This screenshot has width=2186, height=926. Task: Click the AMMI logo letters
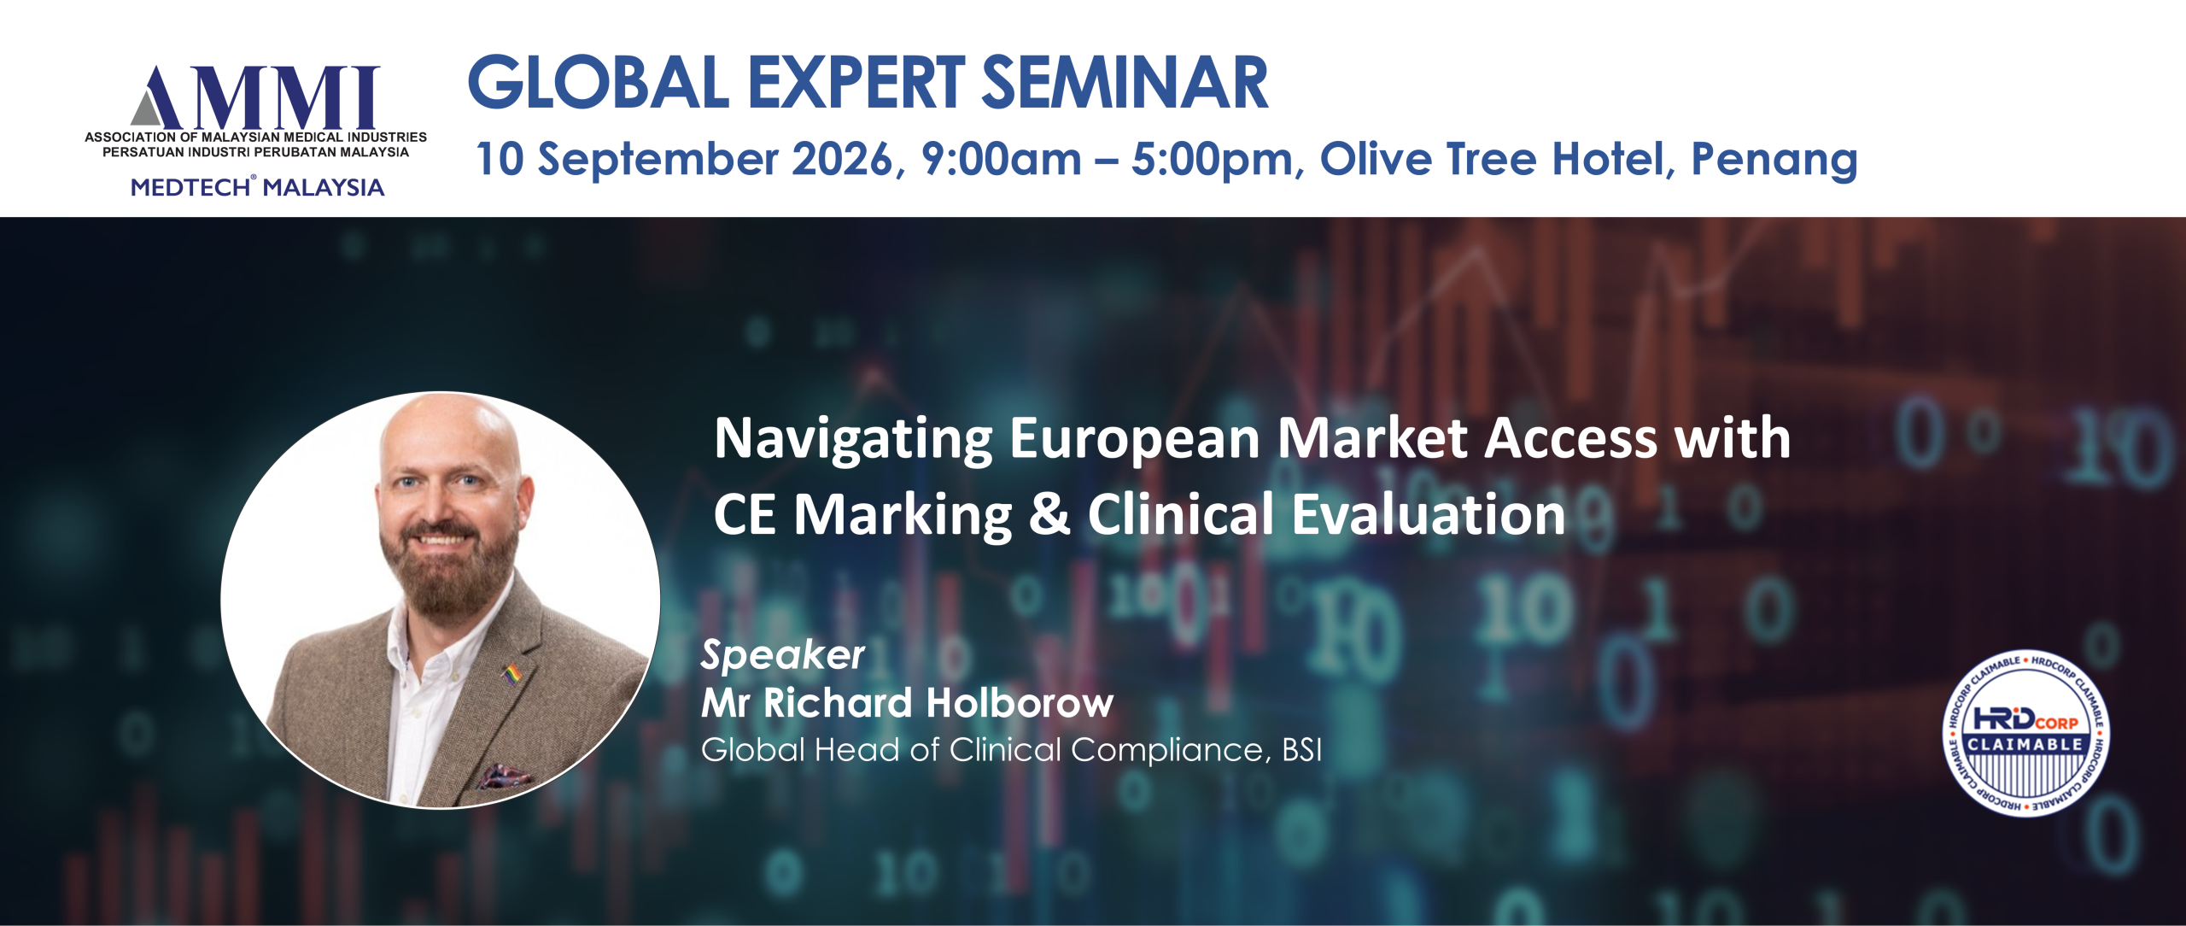pos(254,97)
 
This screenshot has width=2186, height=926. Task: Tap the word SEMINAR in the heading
pos(1125,83)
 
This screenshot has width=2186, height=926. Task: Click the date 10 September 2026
pos(684,159)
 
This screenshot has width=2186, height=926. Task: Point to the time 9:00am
pos(1001,159)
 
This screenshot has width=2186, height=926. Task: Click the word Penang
pos(1774,161)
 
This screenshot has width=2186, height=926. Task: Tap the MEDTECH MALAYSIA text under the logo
pos(257,187)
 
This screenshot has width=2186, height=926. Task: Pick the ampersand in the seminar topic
pos(1049,515)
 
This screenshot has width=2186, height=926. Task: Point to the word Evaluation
pos(1429,514)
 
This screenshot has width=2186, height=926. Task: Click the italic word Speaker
pos(782,656)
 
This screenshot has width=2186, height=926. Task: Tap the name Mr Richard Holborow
pos(907,703)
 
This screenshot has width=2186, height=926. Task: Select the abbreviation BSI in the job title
pos(1301,750)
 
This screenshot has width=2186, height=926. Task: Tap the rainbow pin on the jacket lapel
pos(511,674)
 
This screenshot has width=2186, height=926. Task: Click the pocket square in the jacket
pos(506,777)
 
